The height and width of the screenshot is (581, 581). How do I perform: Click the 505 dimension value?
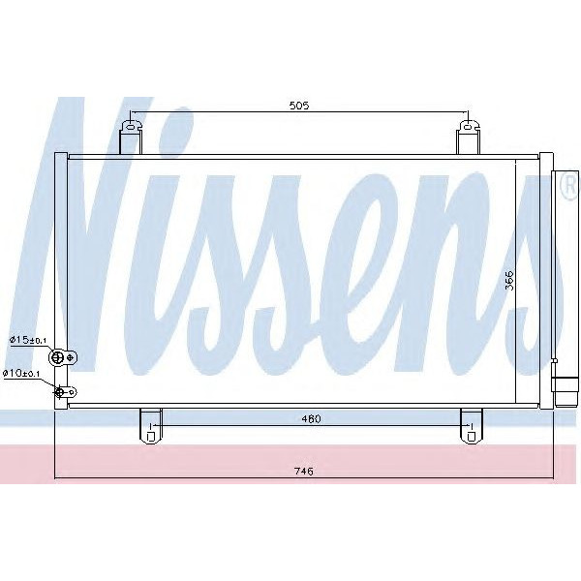[298, 107]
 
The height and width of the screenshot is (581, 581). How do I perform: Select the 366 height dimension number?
[510, 281]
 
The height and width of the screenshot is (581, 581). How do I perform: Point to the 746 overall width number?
[303, 472]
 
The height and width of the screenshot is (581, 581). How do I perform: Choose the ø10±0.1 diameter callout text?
[21, 373]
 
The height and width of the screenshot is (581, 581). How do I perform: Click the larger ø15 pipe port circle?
[58, 358]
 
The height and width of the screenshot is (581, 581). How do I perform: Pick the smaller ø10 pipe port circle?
[61, 391]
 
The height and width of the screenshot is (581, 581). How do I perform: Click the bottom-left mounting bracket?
[150, 423]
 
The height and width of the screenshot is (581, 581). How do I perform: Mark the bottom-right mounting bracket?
[471, 423]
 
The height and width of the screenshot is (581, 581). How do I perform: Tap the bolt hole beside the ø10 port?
[70, 391]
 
